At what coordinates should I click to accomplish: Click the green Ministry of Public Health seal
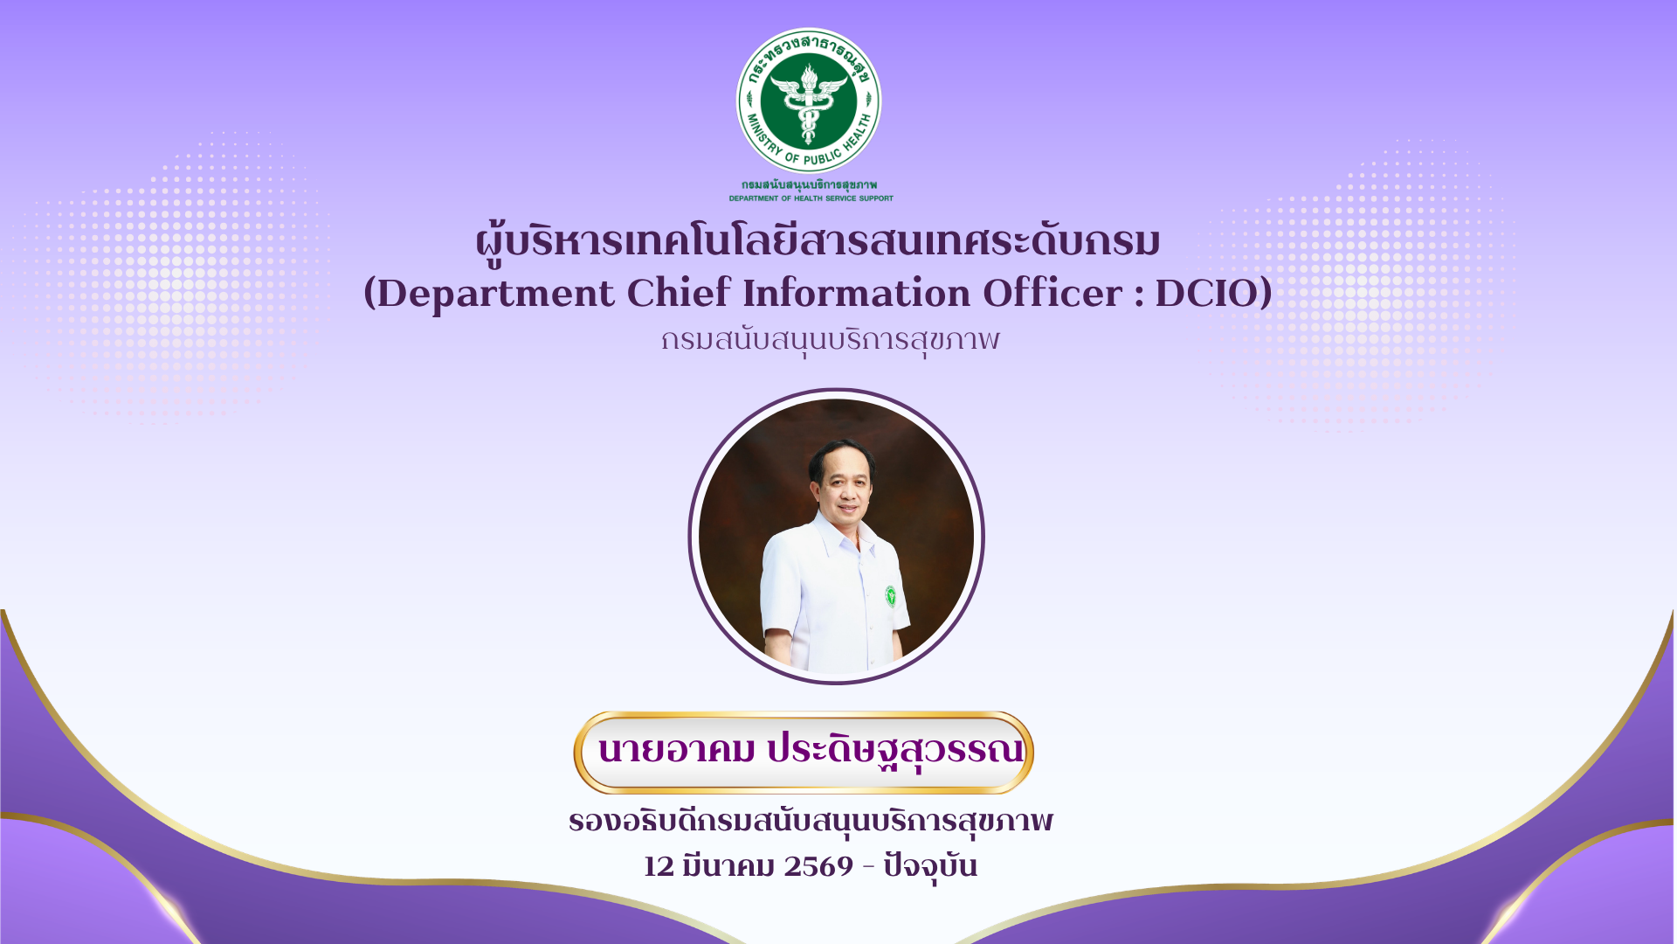pos(809,101)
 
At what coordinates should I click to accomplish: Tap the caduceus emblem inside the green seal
pos(809,103)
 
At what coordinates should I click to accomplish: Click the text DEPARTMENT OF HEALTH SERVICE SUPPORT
pos(811,198)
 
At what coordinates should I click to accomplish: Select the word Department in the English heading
pos(495,294)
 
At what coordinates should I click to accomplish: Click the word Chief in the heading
pos(679,292)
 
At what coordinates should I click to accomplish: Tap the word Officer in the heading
pos(1052,293)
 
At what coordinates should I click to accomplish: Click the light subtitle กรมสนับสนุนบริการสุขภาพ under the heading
pos(830,340)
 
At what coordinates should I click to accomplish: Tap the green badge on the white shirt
pos(890,596)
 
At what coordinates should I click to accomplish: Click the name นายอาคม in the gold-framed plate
pos(676,750)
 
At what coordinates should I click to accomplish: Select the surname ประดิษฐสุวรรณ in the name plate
pos(895,750)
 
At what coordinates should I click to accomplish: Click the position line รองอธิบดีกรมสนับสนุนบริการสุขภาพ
pos(811,822)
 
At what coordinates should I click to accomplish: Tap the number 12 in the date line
pos(659,866)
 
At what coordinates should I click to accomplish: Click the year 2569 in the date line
pos(818,866)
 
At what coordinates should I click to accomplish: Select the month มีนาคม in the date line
pos(729,864)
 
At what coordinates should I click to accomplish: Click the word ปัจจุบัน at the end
pos(930,865)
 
